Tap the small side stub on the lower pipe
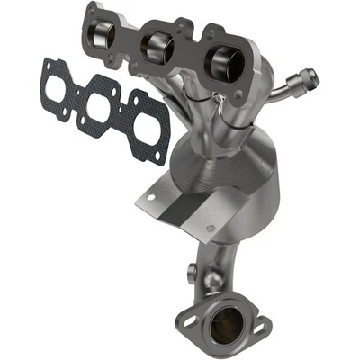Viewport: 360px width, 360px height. point(193,272)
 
